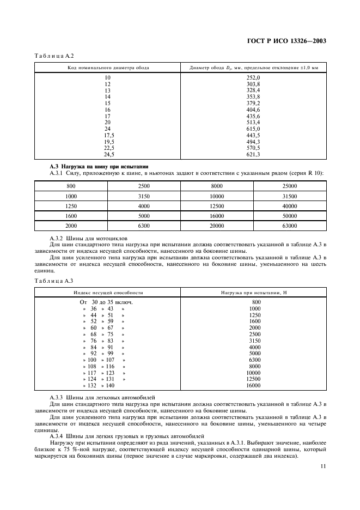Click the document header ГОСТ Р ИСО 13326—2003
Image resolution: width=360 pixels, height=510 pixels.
click(x=292, y=40)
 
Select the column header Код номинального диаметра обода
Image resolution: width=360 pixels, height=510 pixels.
click(x=108, y=68)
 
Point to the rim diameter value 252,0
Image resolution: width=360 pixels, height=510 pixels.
click(x=253, y=78)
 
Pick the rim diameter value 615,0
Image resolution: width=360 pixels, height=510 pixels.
click(x=253, y=129)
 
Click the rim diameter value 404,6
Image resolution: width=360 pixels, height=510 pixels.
click(x=253, y=110)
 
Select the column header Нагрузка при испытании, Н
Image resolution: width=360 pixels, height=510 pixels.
click(x=253, y=292)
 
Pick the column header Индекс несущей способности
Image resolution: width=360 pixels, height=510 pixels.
click(x=108, y=292)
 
